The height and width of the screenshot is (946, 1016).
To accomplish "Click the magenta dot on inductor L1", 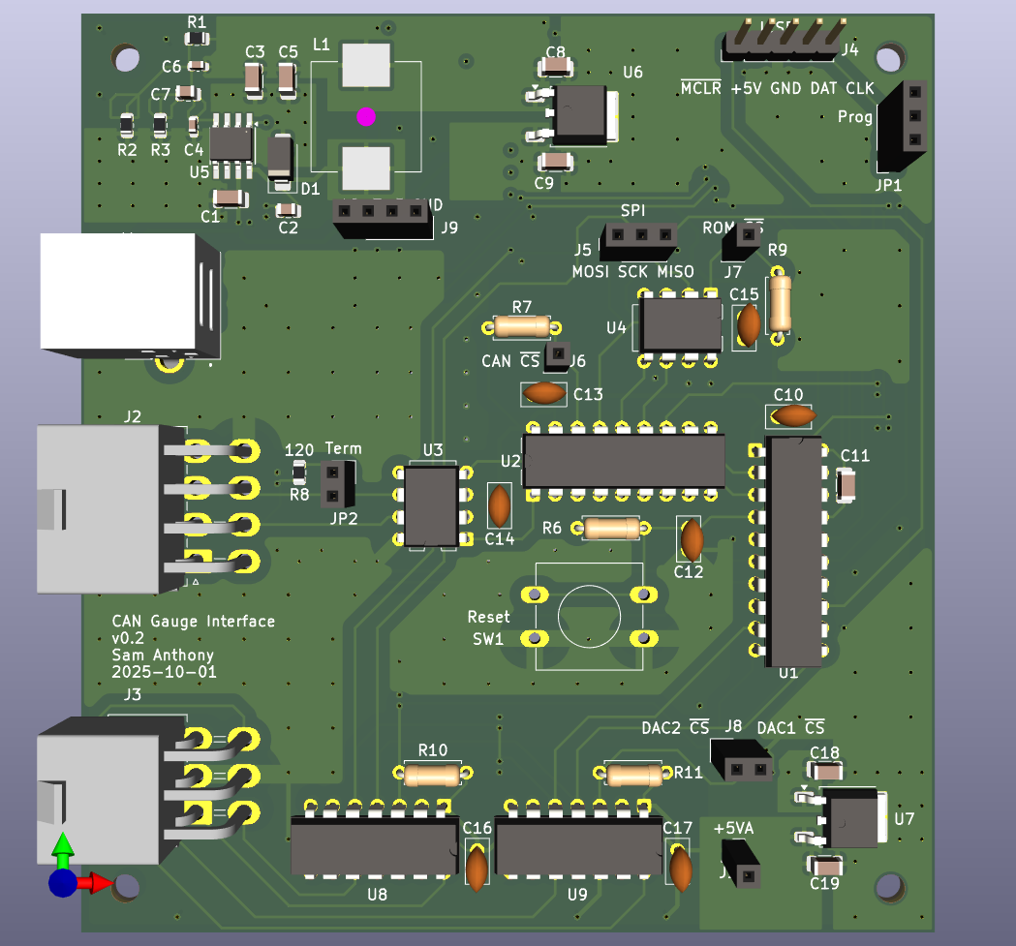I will point(365,116).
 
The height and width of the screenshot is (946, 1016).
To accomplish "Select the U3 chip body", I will point(431,506).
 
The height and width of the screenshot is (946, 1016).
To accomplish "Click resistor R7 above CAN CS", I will point(522,326).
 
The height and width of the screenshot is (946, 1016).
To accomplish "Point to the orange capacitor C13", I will point(545,393).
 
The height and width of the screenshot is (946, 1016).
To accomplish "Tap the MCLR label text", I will point(701,88).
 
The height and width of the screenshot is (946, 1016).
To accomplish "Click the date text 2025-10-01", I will point(164,671).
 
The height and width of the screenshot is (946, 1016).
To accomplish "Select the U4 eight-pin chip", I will point(682,324).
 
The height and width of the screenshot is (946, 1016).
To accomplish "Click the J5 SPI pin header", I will point(640,235).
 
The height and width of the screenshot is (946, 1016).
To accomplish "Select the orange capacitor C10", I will point(794,415).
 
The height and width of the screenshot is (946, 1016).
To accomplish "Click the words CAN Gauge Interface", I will point(194,622).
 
